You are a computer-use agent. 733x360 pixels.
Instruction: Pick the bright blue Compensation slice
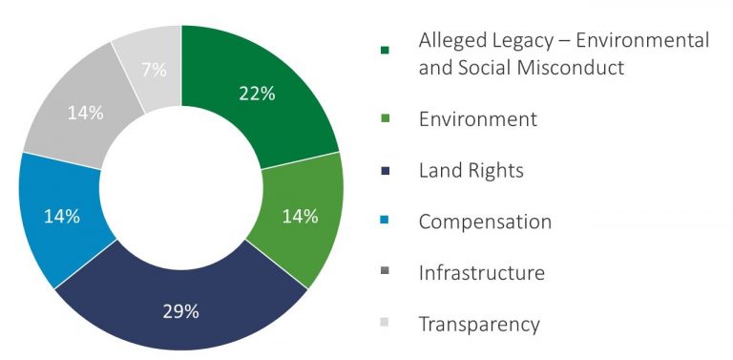[x=61, y=218]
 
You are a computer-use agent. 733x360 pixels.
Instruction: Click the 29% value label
[x=181, y=312]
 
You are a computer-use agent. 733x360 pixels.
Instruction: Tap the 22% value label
[x=257, y=94]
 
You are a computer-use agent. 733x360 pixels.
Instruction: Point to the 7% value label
[x=154, y=70]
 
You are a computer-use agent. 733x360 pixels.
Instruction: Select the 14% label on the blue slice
[x=62, y=217]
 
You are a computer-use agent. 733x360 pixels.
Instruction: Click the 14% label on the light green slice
[x=300, y=217]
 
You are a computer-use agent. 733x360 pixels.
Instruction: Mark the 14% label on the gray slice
[x=85, y=113]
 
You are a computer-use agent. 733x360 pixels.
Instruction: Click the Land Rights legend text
[x=471, y=171]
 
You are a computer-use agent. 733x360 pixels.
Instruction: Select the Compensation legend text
[x=485, y=222]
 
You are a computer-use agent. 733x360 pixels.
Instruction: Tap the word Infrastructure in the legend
[x=481, y=272]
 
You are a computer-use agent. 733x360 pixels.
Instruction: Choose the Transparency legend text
[x=479, y=324]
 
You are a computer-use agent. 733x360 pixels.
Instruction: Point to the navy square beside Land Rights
[x=386, y=171]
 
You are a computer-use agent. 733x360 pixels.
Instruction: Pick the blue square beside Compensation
[x=386, y=220]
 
